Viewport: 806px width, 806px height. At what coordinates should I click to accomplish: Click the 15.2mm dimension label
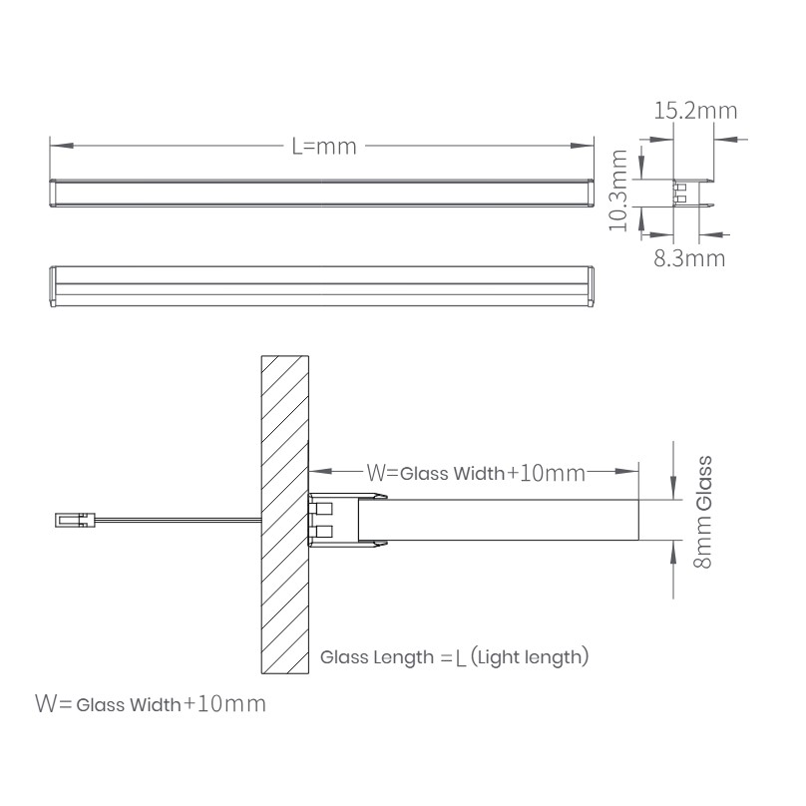(x=695, y=111)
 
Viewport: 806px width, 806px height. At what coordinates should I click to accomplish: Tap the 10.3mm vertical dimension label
(x=618, y=191)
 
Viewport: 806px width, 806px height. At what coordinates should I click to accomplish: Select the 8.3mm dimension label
(x=689, y=258)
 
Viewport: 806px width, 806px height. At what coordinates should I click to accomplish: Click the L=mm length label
(x=324, y=147)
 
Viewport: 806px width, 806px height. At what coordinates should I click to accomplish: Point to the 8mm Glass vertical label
(x=703, y=512)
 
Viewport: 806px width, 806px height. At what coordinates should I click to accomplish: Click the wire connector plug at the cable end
(x=75, y=520)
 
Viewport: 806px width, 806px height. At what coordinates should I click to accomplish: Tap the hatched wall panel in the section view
(x=284, y=515)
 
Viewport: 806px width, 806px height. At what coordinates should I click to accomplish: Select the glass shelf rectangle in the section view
(x=498, y=520)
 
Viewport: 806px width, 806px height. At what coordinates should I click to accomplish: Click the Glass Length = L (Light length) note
(x=455, y=657)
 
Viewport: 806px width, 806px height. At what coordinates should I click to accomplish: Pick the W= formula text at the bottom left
(x=151, y=703)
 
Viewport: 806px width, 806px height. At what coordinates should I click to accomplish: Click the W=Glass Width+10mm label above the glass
(x=476, y=473)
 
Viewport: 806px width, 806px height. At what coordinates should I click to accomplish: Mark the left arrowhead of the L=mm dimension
(x=62, y=146)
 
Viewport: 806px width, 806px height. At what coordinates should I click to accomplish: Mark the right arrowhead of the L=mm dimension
(x=582, y=146)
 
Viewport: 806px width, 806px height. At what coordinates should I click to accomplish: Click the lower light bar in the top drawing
(x=322, y=286)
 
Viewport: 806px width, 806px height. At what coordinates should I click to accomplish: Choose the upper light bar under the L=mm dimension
(x=322, y=194)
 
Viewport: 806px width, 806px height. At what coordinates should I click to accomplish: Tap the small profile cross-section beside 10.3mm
(x=692, y=194)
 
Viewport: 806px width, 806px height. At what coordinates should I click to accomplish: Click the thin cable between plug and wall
(x=179, y=521)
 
